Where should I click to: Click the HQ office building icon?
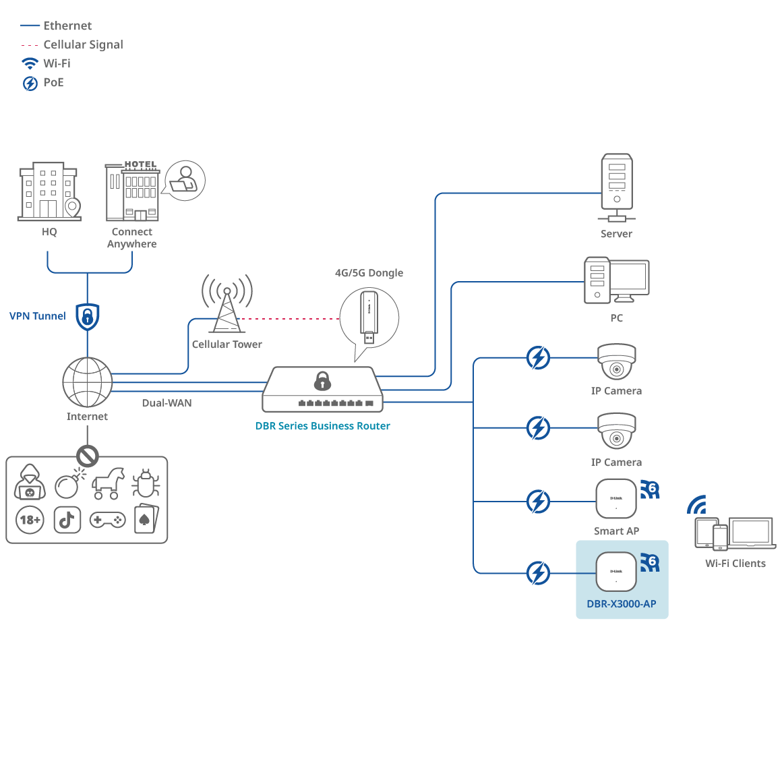(49, 191)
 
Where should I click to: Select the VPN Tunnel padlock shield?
(88, 316)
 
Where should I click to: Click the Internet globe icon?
(87, 382)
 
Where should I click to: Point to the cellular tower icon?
(227, 307)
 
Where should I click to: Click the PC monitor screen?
(628, 277)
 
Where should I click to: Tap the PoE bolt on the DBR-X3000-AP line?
(538, 573)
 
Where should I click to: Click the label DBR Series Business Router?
(322, 426)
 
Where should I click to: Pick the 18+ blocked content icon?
(30, 520)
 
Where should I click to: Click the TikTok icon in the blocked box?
(67, 520)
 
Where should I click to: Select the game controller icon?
(107, 520)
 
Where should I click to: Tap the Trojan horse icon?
(108, 482)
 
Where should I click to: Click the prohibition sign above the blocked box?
(87, 456)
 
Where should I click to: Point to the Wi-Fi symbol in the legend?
(30, 63)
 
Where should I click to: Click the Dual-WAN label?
(167, 403)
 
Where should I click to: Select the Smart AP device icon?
(616, 499)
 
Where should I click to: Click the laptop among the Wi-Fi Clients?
(750, 533)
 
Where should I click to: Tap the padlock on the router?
(322, 381)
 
